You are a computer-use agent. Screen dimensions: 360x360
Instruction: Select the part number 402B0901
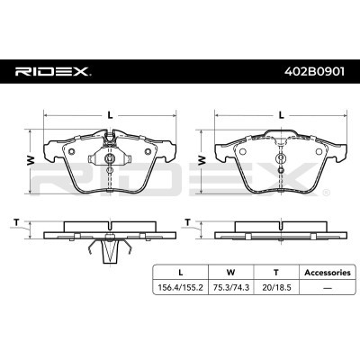[x=315, y=72]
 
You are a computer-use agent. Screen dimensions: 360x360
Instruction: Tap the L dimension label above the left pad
[x=111, y=115]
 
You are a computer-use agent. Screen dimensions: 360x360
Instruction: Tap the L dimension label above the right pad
[x=281, y=115]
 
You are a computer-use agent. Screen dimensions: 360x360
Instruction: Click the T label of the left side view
[x=16, y=222]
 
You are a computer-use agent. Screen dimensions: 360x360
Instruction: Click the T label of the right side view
[x=188, y=222]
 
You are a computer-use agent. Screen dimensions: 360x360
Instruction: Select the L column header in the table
[x=181, y=273]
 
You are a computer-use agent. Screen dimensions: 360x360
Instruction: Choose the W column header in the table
[x=230, y=273]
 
